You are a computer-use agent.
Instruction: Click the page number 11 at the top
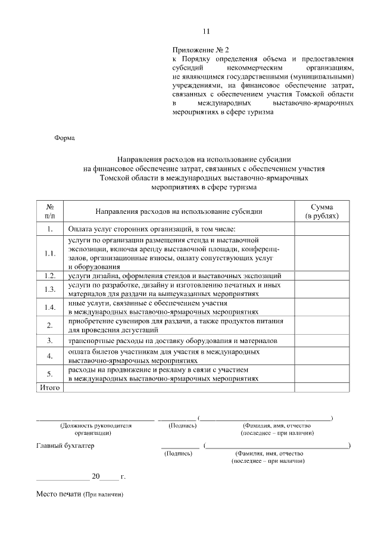click(x=207, y=31)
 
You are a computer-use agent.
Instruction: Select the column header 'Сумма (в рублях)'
click(x=321, y=210)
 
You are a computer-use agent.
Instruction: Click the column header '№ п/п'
click(x=50, y=210)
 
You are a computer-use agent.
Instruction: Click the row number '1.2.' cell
click(x=50, y=276)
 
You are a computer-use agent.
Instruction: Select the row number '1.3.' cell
click(x=50, y=289)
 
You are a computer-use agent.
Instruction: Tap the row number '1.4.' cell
click(x=50, y=307)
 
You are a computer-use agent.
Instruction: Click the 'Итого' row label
click(x=50, y=388)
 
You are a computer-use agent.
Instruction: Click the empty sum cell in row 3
click(x=321, y=341)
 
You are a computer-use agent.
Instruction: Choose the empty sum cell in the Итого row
click(x=321, y=388)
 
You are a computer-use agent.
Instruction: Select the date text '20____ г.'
click(x=108, y=476)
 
